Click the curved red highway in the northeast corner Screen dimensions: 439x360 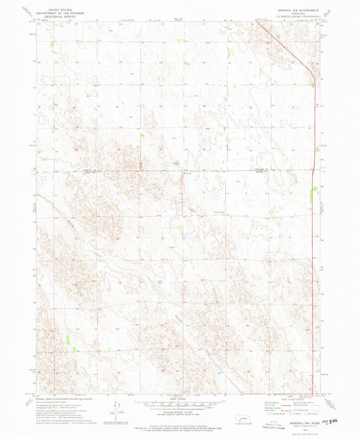coord(290,47)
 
